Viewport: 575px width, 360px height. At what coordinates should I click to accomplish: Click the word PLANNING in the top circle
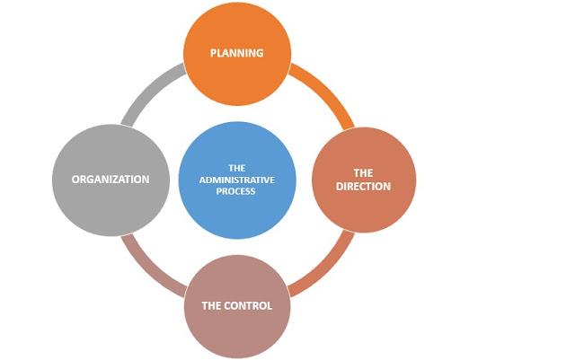pos(236,53)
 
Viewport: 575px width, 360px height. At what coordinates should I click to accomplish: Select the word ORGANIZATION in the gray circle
pos(111,180)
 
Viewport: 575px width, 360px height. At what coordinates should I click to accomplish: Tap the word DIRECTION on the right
pos(364,187)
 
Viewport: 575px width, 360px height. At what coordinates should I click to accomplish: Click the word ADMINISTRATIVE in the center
pos(237,180)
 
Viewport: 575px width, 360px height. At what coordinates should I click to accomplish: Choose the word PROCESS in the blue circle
pos(237,191)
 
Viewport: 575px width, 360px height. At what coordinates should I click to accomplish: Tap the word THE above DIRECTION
pos(364,173)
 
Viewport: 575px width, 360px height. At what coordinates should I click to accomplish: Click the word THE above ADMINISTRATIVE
pos(237,168)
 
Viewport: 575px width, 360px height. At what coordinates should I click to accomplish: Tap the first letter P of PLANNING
pos(214,53)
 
